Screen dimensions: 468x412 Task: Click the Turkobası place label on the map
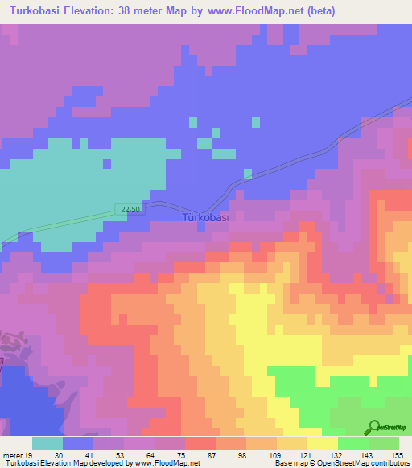coord(206,218)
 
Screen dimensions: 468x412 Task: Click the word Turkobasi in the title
coord(40,11)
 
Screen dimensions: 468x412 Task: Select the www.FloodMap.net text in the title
coord(250,11)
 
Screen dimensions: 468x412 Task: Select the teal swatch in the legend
coord(47,443)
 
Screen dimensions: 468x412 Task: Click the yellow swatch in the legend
coord(322,443)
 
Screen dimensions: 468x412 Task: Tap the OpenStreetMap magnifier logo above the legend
coord(374,428)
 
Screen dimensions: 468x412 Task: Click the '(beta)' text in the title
coord(317,11)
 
